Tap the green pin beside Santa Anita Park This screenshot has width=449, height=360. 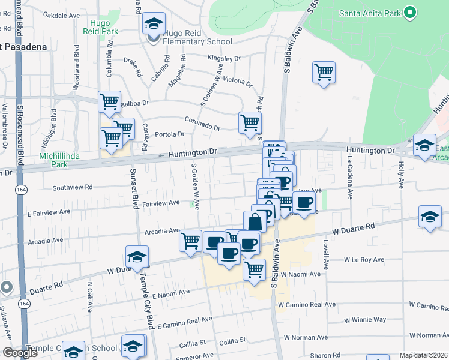coord(411,12)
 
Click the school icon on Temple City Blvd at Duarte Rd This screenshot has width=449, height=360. coord(137,257)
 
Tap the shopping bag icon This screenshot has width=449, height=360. coord(255,221)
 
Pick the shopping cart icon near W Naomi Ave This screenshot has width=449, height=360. coord(255,269)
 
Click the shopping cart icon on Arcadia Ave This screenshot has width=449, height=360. coord(191,241)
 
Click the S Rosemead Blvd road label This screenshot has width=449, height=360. coord(20,120)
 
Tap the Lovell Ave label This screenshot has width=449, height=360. coord(326,254)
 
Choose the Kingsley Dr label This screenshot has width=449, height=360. coord(223,59)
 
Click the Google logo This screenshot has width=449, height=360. coord(20,353)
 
